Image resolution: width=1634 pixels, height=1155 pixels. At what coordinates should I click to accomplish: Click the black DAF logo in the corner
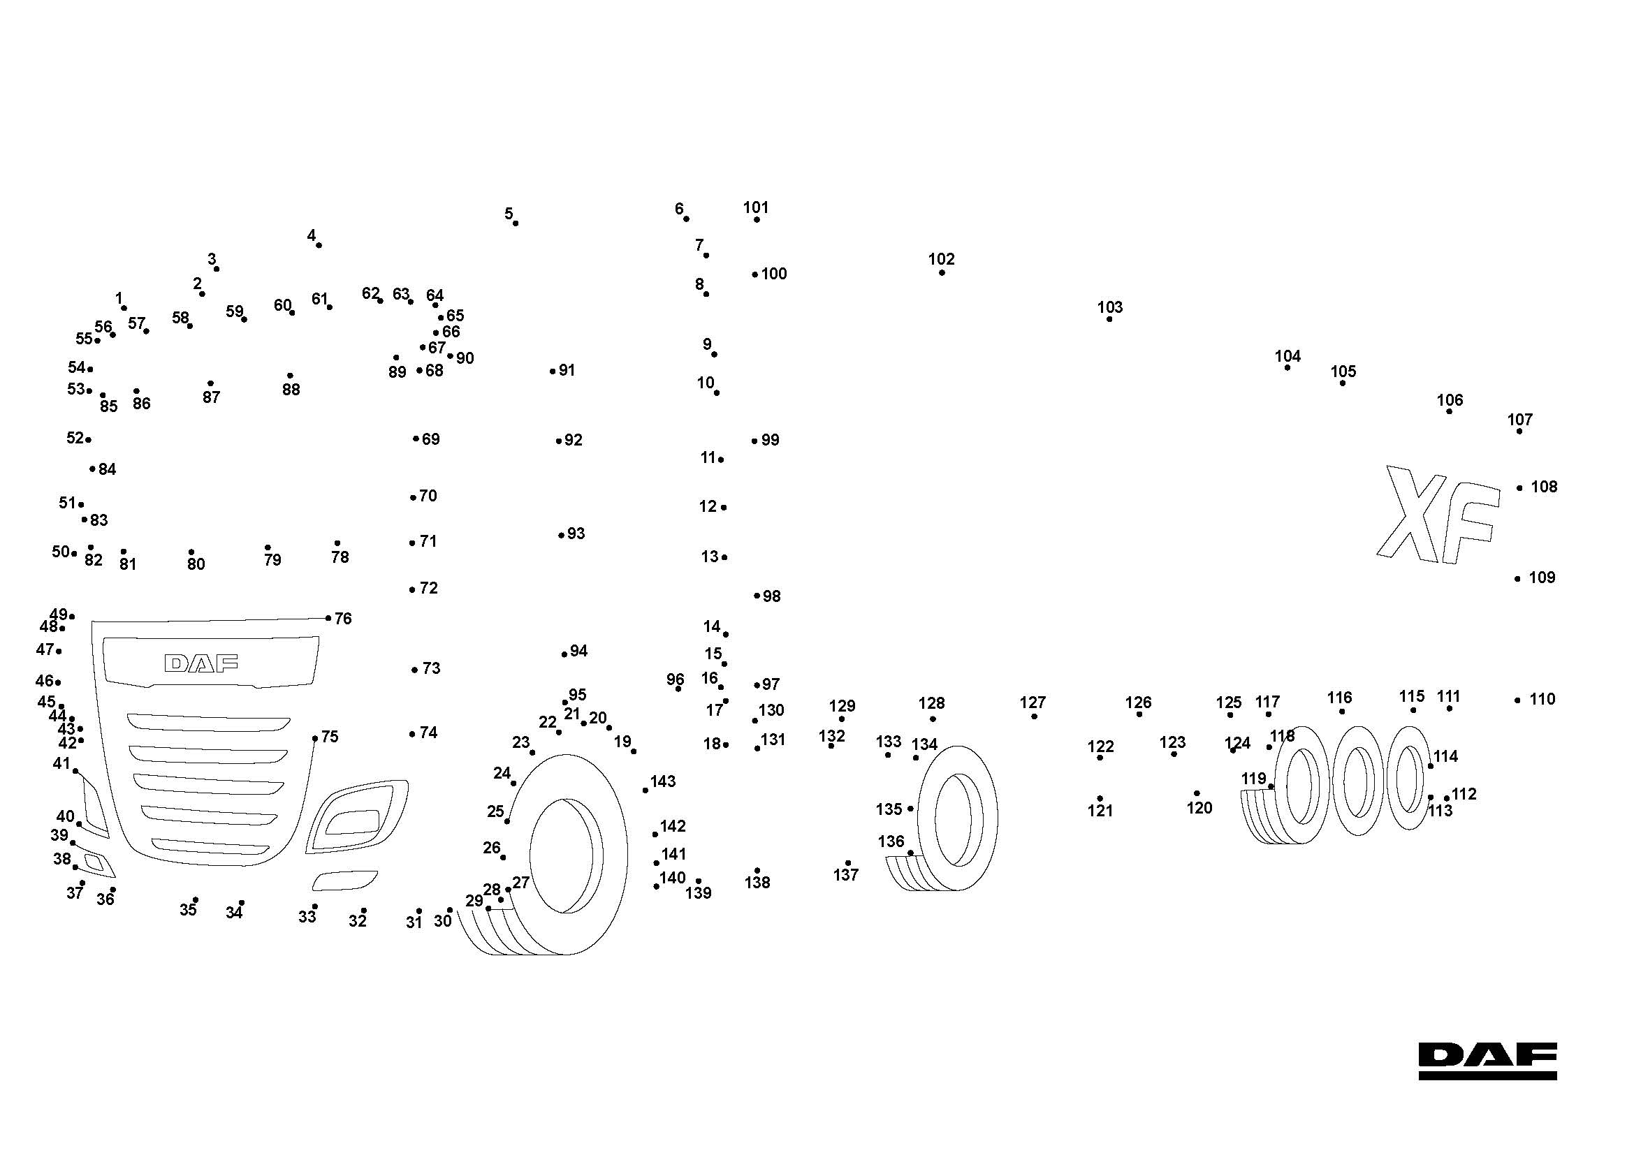click(x=1487, y=1061)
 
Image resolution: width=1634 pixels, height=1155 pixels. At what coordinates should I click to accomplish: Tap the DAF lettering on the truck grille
click(x=201, y=663)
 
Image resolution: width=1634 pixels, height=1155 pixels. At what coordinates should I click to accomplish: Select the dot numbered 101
click(x=757, y=220)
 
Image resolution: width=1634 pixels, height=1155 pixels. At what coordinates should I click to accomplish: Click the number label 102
click(x=941, y=259)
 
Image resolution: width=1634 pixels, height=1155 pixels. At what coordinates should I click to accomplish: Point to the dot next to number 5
click(x=516, y=223)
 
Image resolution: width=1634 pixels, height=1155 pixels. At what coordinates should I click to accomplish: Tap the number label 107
click(x=1519, y=420)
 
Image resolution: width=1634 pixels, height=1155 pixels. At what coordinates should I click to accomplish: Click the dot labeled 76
click(x=328, y=618)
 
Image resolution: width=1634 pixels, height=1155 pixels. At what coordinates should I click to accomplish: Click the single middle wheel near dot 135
click(x=957, y=818)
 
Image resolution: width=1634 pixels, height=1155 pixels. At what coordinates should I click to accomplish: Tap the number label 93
click(x=576, y=534)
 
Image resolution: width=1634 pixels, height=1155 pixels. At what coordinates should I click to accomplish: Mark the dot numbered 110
click(x=1517, y=700)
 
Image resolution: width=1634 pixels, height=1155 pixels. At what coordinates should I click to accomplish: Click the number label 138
click(x=757, y=883)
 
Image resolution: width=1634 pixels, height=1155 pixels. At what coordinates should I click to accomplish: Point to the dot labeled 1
click(x=124, y=308)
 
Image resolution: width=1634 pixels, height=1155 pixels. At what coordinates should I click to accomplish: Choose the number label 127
click(x=1033, y=702)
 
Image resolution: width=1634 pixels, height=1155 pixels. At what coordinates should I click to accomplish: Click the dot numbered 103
click(x=1109, y=319)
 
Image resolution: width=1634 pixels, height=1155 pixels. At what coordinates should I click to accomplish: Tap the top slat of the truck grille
click(x=208, y=723)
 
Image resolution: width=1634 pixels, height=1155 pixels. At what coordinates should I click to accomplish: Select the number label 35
click(x=188, y=911)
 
